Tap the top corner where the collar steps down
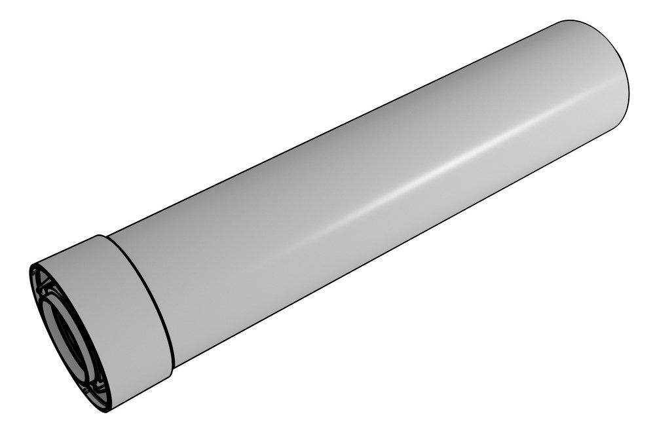100,235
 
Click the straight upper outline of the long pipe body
327,131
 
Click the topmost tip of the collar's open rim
32,265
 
